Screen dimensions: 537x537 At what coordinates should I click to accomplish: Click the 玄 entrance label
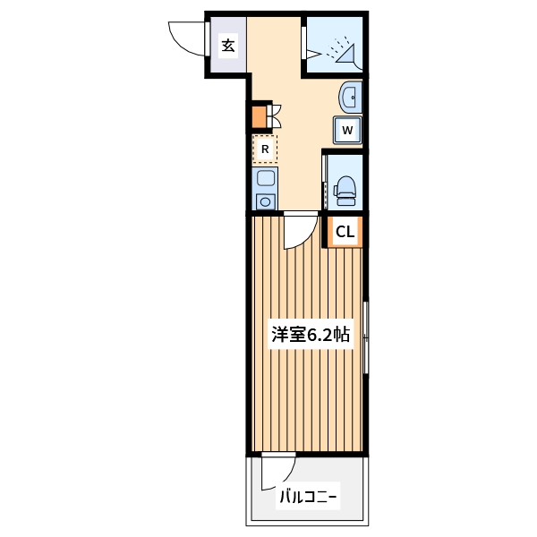coord(228,45)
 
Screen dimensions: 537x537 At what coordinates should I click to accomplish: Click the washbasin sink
coord(350,97)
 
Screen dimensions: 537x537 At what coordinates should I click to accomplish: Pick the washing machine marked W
coord(348,131)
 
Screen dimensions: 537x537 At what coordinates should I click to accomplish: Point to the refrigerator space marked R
coord(264,149)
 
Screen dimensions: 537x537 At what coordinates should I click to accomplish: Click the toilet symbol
coord(345,186)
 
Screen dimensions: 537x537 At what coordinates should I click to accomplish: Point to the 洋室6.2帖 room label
coord(310,336)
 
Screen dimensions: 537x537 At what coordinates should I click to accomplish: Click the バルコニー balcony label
coord(308,495)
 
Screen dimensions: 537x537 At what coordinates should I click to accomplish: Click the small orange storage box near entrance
coord(259,116)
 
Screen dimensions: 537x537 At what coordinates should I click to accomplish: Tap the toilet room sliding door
coord(324,183)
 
